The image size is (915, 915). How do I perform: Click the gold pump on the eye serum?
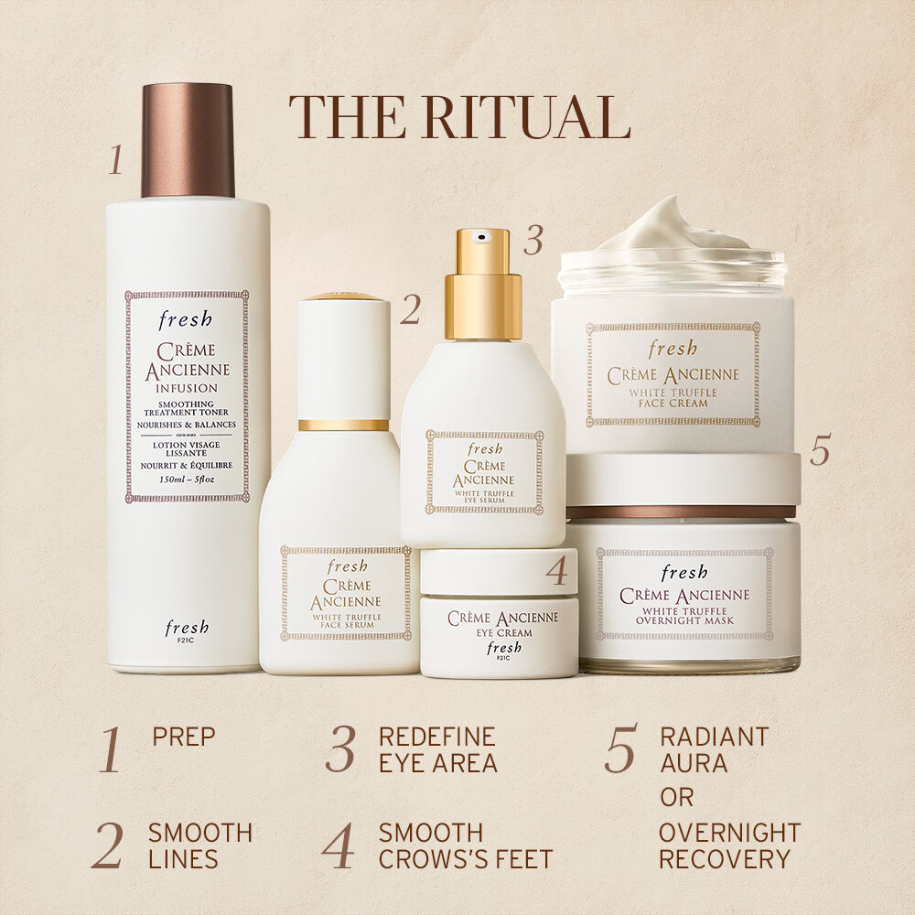pos(483,284)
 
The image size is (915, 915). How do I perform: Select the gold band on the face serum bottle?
pos(343,425)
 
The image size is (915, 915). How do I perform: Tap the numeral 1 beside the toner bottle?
pos(115,159)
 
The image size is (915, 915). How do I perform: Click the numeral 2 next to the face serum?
pos(410,311)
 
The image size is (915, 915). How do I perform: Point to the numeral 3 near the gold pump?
pos(533,240)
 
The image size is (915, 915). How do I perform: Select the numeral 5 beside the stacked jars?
pos(820,451)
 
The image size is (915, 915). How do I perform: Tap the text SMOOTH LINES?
pos(200,845)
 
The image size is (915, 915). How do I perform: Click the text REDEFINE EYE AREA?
pos(437,749)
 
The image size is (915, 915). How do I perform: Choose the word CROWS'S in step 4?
pos(430,859)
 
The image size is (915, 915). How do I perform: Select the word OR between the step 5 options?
pos(677,797)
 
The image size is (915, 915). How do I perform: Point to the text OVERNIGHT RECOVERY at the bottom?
pos(729,845)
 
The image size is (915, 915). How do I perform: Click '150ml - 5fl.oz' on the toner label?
pos(187,479)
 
